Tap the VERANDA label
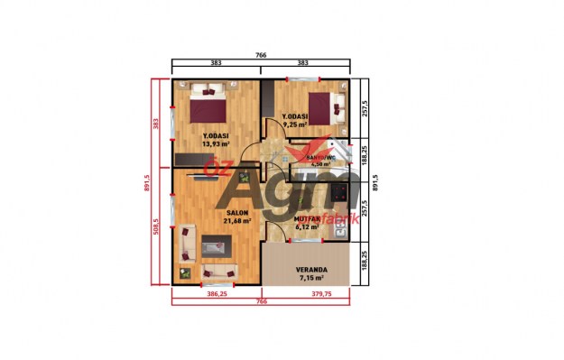(x=311, y=270)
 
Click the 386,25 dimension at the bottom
(x=216, y=293)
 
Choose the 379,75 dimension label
(x=310, y=293)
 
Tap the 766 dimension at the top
(x=261, y=56)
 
